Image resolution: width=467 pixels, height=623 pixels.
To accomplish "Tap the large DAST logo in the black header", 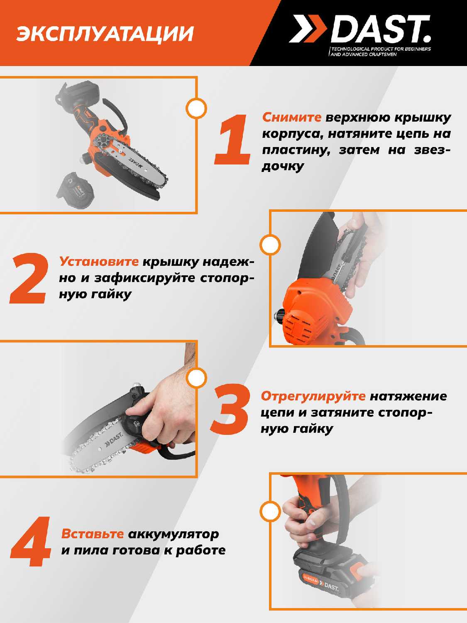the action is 360,29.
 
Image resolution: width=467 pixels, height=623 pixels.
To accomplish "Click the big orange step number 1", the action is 232,140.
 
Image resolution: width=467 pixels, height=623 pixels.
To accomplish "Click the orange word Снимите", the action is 292,118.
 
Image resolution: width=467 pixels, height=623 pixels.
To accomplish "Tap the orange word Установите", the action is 99,261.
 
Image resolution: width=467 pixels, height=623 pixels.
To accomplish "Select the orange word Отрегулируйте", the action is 313,396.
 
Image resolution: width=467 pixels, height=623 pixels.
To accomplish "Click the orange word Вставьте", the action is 93,534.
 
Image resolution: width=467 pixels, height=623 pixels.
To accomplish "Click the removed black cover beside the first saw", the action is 73,190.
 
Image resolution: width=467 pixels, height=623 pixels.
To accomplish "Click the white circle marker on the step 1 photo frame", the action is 196,108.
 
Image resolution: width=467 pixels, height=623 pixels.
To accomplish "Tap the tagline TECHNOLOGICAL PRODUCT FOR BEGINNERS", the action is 381,49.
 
